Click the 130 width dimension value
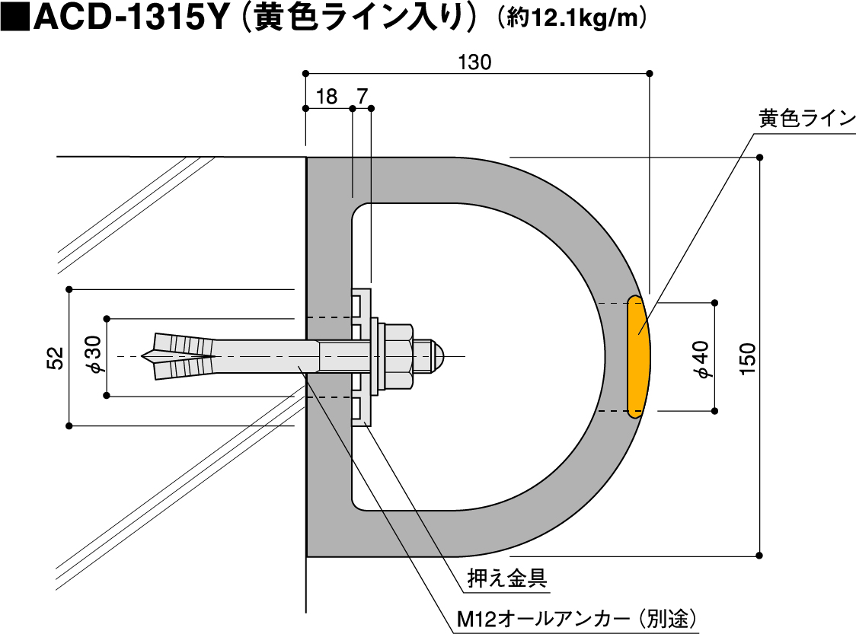(x=474, y=62)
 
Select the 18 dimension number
(x=327, y=97)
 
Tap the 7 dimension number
(x=363, y=97)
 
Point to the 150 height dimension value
(x=747, y=358)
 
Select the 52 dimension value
(x=56, y=358)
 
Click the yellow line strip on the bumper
(x=638, y=357)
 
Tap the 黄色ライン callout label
(x=806, y=118)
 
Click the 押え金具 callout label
(x=507, y=578)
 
